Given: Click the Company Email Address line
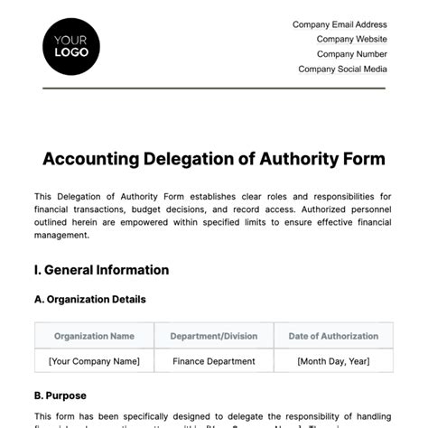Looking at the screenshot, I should coord(340,24).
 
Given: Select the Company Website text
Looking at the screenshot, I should coord(351,39).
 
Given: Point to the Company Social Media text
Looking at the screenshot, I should coord(342,69).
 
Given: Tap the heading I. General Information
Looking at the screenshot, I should coord(101,269).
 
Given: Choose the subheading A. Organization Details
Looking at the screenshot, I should coord(89,300).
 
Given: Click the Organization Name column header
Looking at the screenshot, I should coord(94,336).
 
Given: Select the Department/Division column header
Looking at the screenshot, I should coord(213,336).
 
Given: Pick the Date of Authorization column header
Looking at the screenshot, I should coord(333,336).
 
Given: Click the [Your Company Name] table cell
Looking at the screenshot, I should coord(94,361).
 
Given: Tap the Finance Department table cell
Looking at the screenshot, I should coord(213,361).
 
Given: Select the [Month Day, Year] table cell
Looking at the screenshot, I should coord(333,361).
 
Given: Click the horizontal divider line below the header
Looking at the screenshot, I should coord(213,88).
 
